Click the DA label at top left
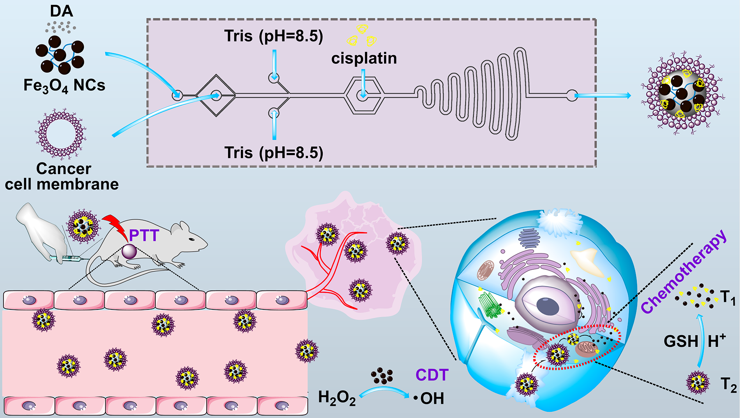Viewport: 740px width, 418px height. click(x=62, y=11)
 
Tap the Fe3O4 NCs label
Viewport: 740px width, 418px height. click(x=64, y=86)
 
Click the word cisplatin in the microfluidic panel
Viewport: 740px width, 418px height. click(x=364, y=58)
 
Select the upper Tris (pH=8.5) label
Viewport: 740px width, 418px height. click(x=274, y=36)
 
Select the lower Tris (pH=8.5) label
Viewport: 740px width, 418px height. click(x=274, y=153)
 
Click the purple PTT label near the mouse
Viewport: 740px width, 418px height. click(x=144, y=235)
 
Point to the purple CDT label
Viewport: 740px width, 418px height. click(x=432, y=375)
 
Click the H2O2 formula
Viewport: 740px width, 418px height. click(x=337, y=398)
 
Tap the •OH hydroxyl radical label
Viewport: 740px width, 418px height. click(x=429, y=398)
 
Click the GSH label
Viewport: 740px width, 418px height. click(x=681, y=341)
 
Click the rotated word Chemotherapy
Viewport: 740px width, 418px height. click(x=684, y=272)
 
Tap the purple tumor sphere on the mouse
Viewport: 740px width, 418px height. click(x=129, y=251)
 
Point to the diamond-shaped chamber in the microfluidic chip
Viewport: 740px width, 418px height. click(x=216, y=96)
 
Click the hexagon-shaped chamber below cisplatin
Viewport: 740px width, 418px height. click(x=364, y=96)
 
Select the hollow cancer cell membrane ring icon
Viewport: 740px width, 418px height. click(x=60, y=134)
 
